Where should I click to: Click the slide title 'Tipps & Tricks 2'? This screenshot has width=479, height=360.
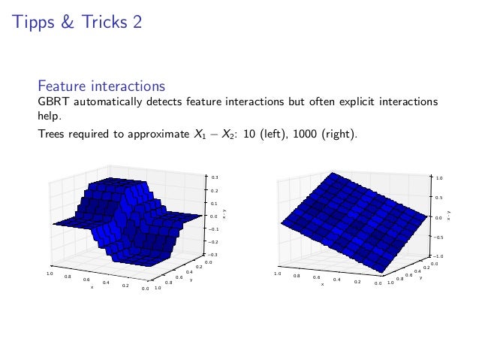tap(77, 23)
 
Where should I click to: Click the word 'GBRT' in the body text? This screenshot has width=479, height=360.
tap(55, 101)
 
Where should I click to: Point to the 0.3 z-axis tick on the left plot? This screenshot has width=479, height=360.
tap(215, 177)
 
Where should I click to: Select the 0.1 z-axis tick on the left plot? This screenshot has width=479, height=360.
tap(215, 203)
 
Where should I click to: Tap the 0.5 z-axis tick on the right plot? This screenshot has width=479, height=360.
tap(439, 198)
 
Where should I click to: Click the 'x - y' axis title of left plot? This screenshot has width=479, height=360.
tap(224, 216)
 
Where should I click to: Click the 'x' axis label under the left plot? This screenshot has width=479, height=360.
tap(92, 286)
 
